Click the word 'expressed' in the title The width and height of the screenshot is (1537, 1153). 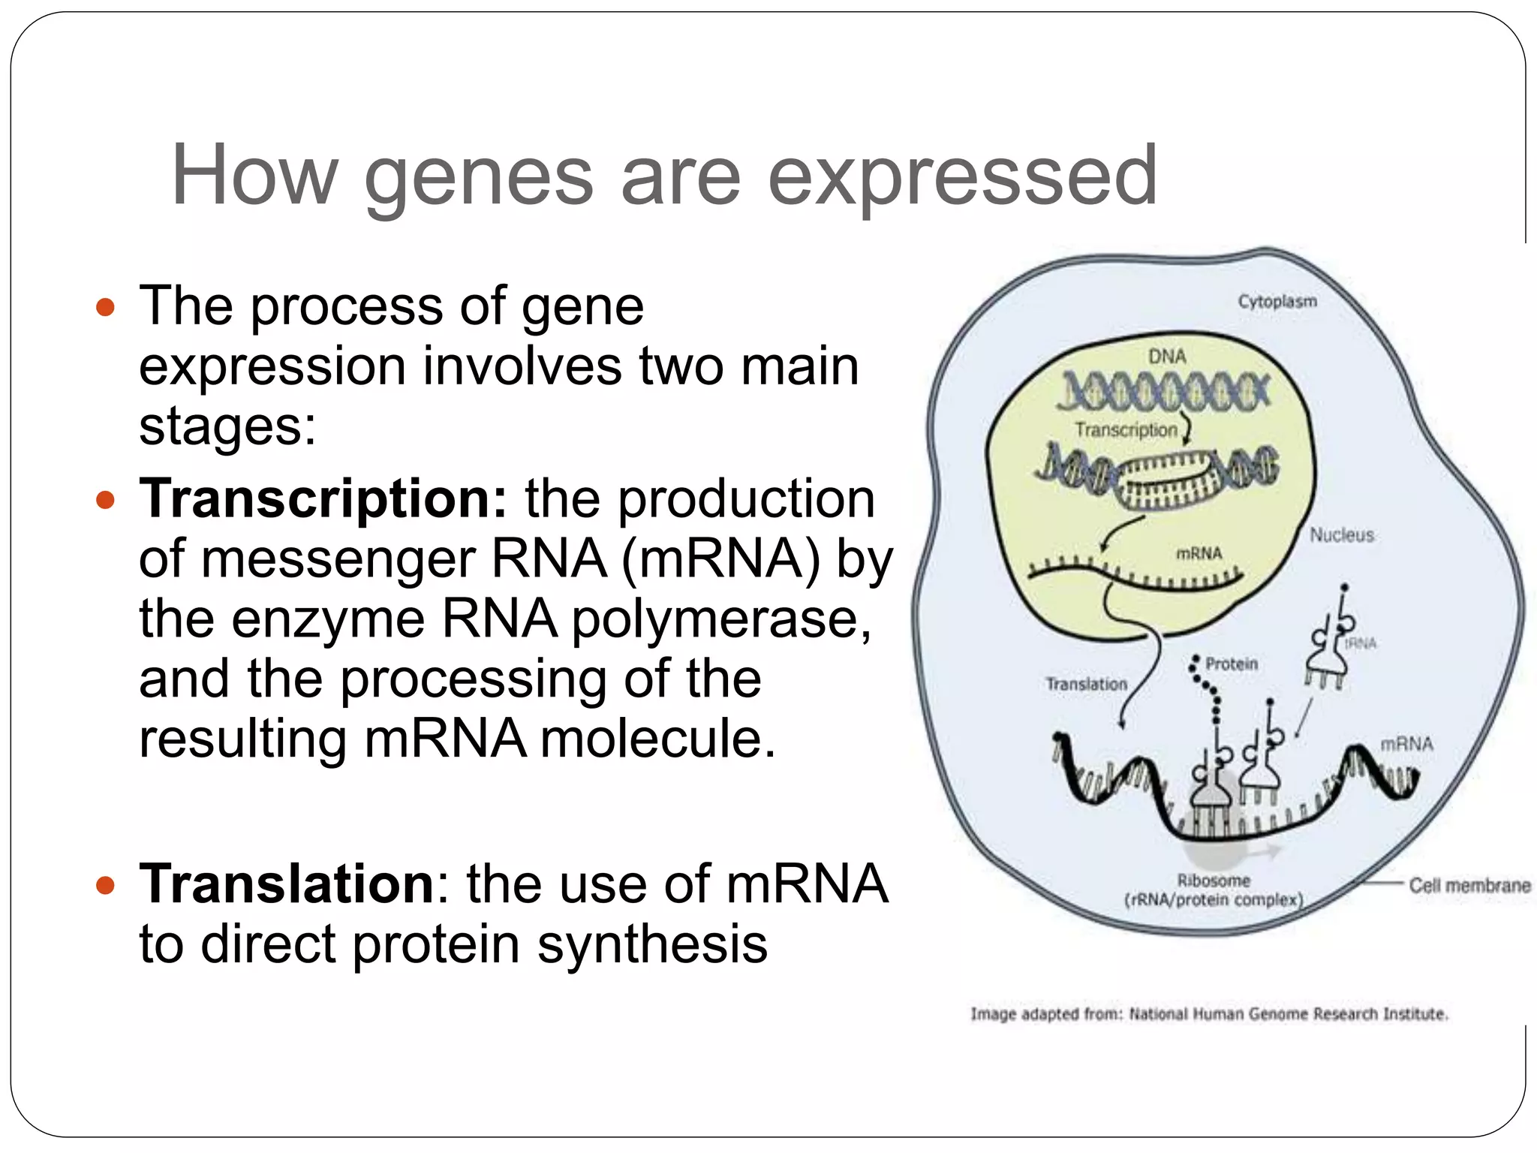point(962,178)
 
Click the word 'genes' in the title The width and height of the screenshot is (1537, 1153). point(479,178)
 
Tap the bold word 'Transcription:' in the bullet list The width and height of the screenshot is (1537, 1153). point(323,499)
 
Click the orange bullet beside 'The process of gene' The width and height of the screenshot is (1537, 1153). point(106,307)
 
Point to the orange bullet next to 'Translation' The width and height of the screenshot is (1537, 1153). point(106,885)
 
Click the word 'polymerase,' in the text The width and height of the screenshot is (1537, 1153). point(722,620)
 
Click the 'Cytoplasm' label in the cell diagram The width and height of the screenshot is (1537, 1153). point(1277,301)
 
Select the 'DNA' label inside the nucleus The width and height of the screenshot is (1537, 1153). point(1167,356)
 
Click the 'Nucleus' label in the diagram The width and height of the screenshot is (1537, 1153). point(1342,535)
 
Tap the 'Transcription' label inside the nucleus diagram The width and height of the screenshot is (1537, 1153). point(1126,430)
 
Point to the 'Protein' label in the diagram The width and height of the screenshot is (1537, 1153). point(1232,664)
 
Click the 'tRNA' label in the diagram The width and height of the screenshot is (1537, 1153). point(1361,643)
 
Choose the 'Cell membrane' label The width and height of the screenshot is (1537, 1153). point(1469,886)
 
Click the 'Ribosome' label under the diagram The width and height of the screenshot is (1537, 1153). point(1214,881)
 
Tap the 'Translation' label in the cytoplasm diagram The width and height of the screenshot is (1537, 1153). point(1087,684)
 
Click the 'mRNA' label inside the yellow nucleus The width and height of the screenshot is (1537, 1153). point(1199,553)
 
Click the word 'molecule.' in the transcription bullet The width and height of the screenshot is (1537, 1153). point(657,739)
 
